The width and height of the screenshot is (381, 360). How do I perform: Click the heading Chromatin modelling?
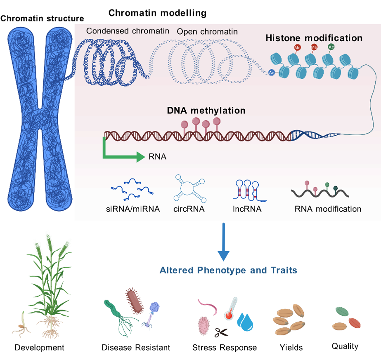(x=157, y=13)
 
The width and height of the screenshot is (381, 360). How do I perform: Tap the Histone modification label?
(x=314, y=38)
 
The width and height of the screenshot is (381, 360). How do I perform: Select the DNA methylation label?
(x=206, y=111)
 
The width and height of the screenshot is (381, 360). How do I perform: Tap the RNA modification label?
(x=328, y=209)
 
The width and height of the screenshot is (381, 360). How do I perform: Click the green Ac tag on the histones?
(x=331, y=47)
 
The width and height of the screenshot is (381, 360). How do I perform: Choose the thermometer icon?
(x=230, y=308)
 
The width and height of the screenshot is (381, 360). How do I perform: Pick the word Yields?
(x=291, y=347)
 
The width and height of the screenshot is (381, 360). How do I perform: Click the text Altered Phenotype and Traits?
(x=228, y=271)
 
